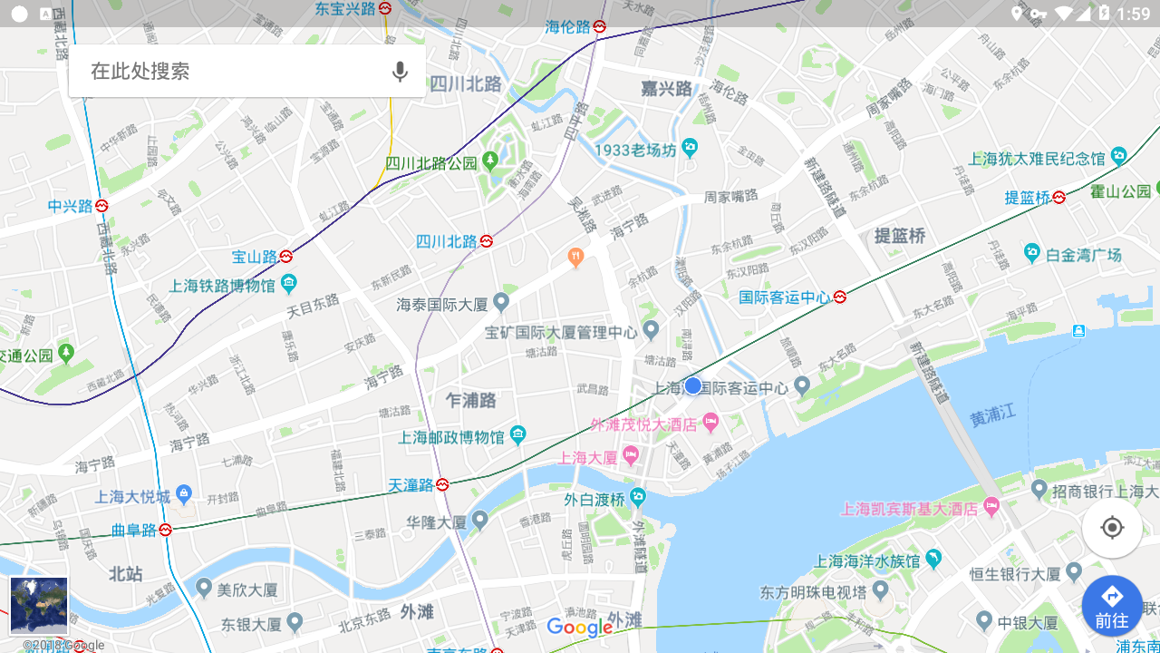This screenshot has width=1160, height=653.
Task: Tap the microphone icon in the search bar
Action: click(x=400, y=72)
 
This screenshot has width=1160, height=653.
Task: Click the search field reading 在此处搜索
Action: click(x=227, y=72)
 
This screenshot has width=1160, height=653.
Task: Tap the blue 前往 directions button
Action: click(x=1112, y=606)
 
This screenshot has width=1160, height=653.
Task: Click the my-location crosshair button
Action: click(x=1112, y=527)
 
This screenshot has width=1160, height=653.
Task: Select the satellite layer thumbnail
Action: click(x=39, y=606)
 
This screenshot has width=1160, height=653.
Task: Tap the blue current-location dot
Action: click(x=693, y=385)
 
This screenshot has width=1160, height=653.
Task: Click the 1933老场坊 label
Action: click(x=635, y=150)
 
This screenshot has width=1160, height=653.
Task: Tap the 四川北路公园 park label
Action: click(x=431, y=163)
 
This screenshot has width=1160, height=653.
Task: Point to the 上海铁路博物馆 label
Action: click(x=222, y=286)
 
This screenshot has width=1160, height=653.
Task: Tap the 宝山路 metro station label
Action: click(x=255, y=257)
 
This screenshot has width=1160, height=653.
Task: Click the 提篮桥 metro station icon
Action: click(x=1058, y=197)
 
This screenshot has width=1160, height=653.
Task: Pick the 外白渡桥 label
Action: click(x=594, y=499)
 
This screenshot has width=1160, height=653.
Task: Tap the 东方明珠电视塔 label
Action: click(x=813, y=592)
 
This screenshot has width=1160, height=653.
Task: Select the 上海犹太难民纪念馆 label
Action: click(x=1037, y=159)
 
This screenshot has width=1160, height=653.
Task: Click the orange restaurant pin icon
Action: click(x=575, y=258)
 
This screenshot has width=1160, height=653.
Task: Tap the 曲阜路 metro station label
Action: click(x=133, y=530)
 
